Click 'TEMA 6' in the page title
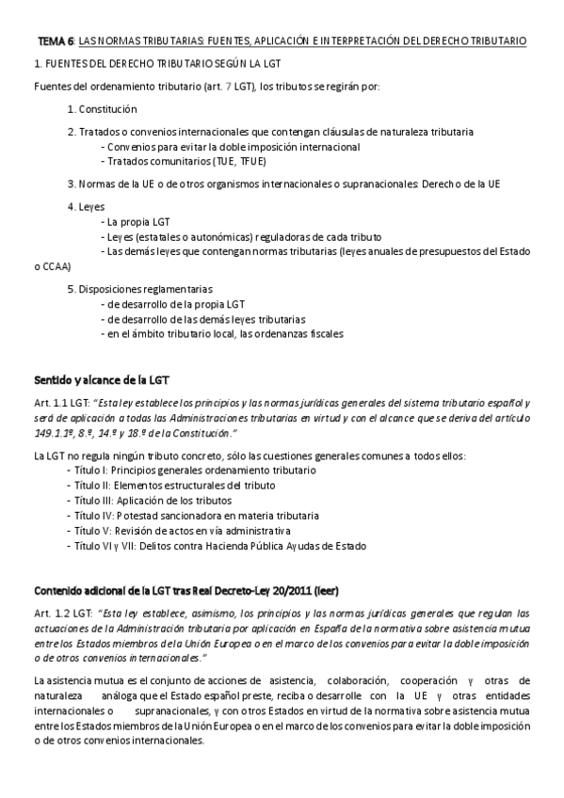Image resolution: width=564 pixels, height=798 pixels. pyautogui.click(x=55, y=42)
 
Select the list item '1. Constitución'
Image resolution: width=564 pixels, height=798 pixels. pyautogui.click(x=108, y=109)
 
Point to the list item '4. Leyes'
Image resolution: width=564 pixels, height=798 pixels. pyautogui.click(x=87, y=205)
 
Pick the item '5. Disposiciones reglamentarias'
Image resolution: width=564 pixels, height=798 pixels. pyautogui.click(x=140, y=289)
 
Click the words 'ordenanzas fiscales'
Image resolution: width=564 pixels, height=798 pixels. pyautogui.click(x=301, y=333)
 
